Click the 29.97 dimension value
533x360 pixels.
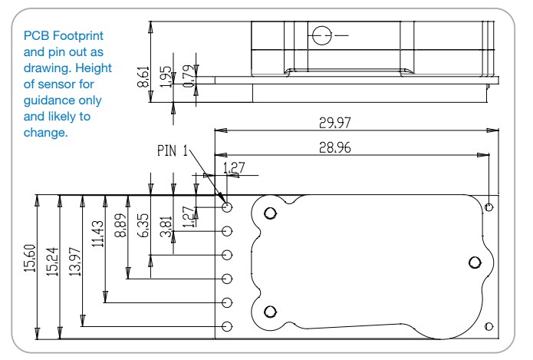pyautogui.click(x=337, y=122)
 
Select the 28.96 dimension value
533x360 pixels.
pyautogui.click(x=337, y=148)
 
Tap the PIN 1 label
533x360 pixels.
pyautogui.click(x=173, y=151)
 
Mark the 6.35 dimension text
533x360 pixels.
pyautogui.click(x=143, y=223)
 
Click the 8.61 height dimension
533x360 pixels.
pyautogui.click(x=143, y=77)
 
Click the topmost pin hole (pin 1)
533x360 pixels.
pyautogui.click(x=227, y=207)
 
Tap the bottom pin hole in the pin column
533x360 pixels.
pyautogui.click(x=227, y=327)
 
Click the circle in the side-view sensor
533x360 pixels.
pyautogui.click(x=320, y=34)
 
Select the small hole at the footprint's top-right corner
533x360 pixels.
pyautogui.click(x=489, y=206)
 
